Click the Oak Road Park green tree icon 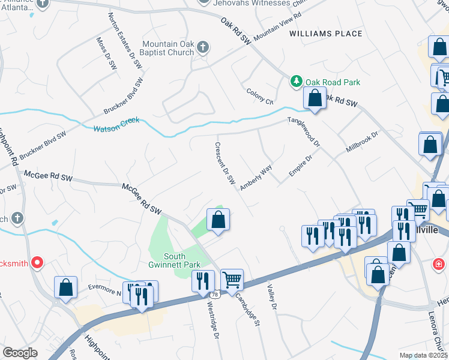pos(296,82)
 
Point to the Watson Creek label pos(116,124)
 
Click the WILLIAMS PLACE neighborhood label pos(326,34)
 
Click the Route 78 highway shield pos(215,295)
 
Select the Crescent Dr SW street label pos(224,163)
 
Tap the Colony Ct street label pos(260,95)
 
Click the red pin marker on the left pos(37,262)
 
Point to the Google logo pos(20,353)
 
